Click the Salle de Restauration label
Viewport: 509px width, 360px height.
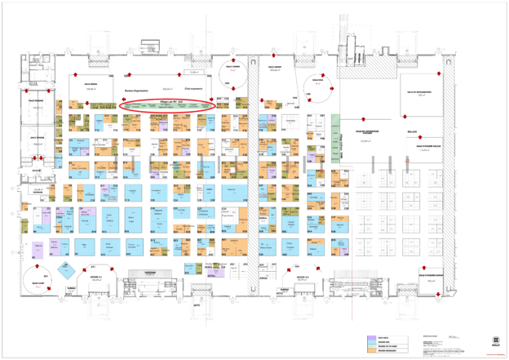[423, 93]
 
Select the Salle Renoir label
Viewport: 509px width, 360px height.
[91, 83]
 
